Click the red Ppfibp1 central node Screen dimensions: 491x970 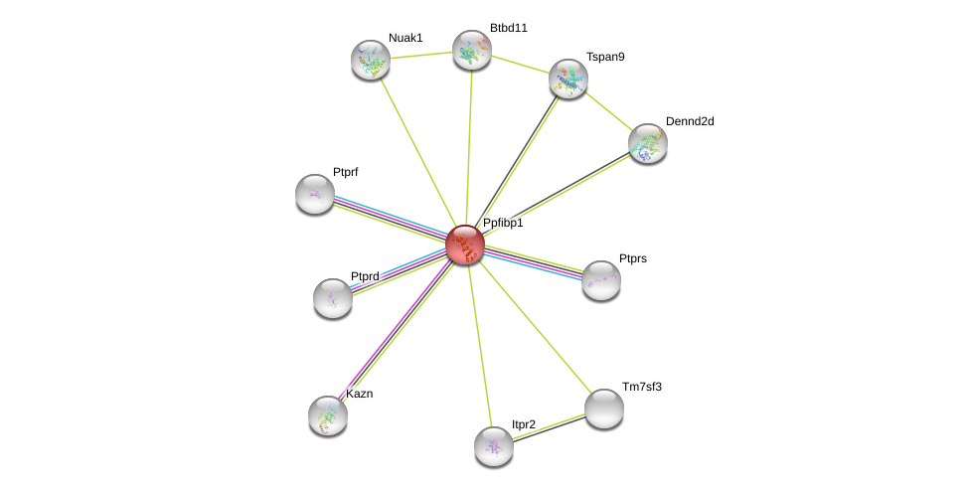coord(464,245)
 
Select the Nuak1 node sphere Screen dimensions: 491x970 coord(371,60)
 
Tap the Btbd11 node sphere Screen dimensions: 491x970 coord(472,50)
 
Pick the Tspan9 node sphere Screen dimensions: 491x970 coord(568,79)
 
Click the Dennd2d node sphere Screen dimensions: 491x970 coord(648,143)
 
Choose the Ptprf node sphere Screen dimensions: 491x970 coord(315,194)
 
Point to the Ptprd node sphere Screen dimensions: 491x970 coord(333,297)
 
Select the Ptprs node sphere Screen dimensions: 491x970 coord(601,280)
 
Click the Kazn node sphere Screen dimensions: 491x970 coord(328,414)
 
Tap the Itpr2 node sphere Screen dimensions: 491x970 coord(494,446)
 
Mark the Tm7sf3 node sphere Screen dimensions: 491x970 coord(604,408)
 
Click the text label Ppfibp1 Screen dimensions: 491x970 coord(503,223)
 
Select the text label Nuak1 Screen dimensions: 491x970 coord(405,38)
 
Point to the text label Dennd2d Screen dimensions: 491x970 coord(690,121)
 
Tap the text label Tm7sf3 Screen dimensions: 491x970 coord(642,387)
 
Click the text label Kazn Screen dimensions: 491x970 coord(360,394)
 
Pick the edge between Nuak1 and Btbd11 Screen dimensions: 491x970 coord(421,55)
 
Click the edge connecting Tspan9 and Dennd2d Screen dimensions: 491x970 coord(608,110)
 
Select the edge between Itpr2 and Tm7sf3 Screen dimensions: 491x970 coord(550,426)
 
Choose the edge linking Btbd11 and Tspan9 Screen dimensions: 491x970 coord(520,64)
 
